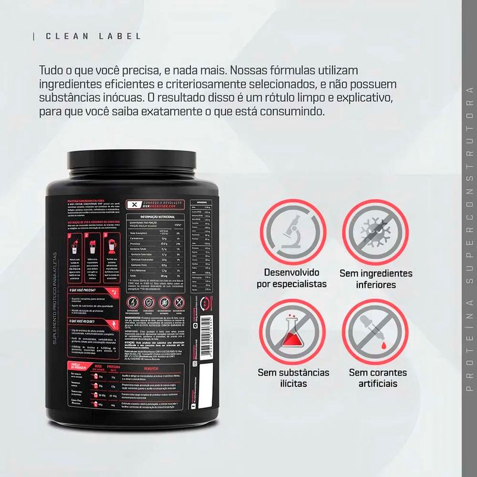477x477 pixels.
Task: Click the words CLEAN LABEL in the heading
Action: pos(94,36)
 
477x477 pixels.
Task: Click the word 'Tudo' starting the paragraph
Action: pos(50,69)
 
